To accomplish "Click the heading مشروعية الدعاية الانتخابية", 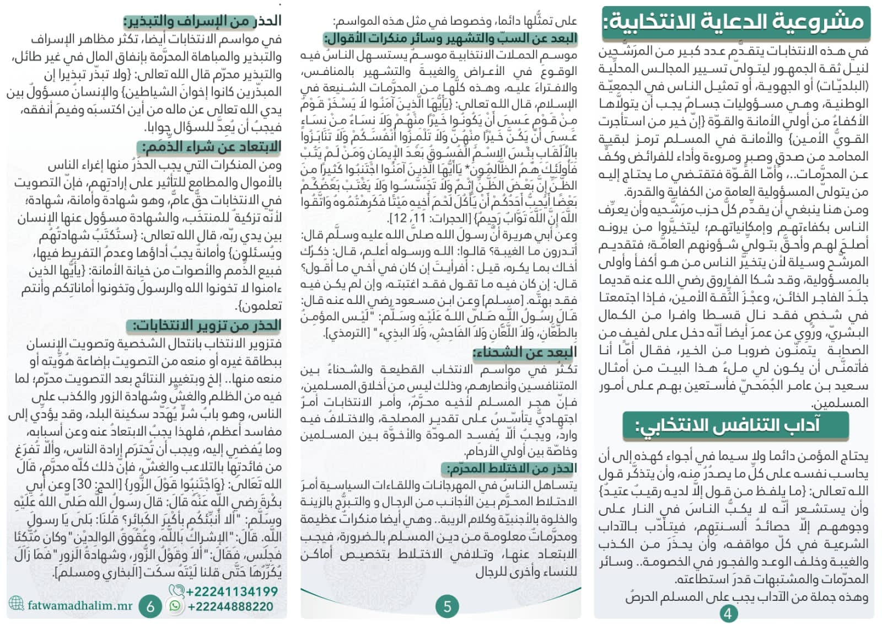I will click(735, 22).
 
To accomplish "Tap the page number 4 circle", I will click(729, 613).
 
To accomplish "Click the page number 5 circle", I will click(447, 607).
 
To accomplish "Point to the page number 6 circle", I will click(150, 607).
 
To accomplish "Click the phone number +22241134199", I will click(232, 592).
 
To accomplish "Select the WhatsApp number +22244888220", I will click(230, 607).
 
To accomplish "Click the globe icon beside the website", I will click(17, 604).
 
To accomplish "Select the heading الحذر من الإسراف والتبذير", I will click(203, 22).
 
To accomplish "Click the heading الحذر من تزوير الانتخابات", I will click(203, 326).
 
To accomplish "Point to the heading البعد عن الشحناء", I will click(525, 352).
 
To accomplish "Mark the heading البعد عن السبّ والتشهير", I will click(450, 38).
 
